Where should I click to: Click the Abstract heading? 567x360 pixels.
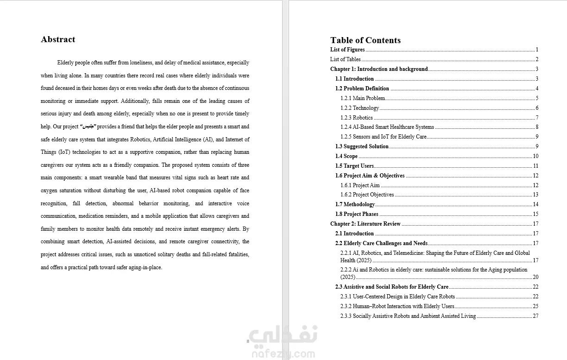(x=58, y=39)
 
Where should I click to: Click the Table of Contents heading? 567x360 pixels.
(x=365, y=40)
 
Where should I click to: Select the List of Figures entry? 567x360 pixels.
(x=347, y=50)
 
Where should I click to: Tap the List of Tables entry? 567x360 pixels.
(x=345, y=59)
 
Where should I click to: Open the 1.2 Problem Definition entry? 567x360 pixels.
(x=362, y=88)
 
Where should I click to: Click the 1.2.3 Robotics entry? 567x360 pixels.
(x=356, y=118)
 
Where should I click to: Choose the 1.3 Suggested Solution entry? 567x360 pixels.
(x=362, y=146)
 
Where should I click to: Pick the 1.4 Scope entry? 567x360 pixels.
(x=346, y=156)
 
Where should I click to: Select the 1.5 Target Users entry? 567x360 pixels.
(x=354, y=166)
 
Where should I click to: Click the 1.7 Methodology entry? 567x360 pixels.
(x=355, y=204)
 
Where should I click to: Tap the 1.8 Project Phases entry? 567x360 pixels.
(x=357, y=214)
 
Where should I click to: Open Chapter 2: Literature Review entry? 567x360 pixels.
(x=365, y=224)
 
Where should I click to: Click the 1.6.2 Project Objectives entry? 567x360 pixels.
(x=367, y=195)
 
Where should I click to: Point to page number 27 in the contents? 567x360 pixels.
(x=535, y=316)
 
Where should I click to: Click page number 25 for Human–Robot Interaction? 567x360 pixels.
(x=535, y=306)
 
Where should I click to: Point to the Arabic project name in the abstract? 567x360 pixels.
(x=88, y=126)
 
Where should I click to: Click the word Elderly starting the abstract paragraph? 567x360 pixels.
(x=66, y=63)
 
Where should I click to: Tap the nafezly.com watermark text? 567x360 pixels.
(x=283, y=354)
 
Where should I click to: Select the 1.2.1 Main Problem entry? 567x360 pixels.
(x=363, y=98)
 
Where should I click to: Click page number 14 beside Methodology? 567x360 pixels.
(x=535, y=204)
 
